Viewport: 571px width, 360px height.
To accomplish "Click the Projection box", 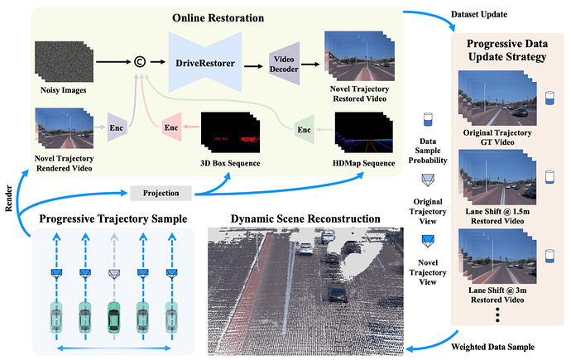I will (161, 193).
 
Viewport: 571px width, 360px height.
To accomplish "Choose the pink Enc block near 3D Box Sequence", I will (172, 127).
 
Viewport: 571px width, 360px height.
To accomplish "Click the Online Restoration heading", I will (218, 17).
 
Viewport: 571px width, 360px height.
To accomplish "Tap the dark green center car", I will (113, 316).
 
